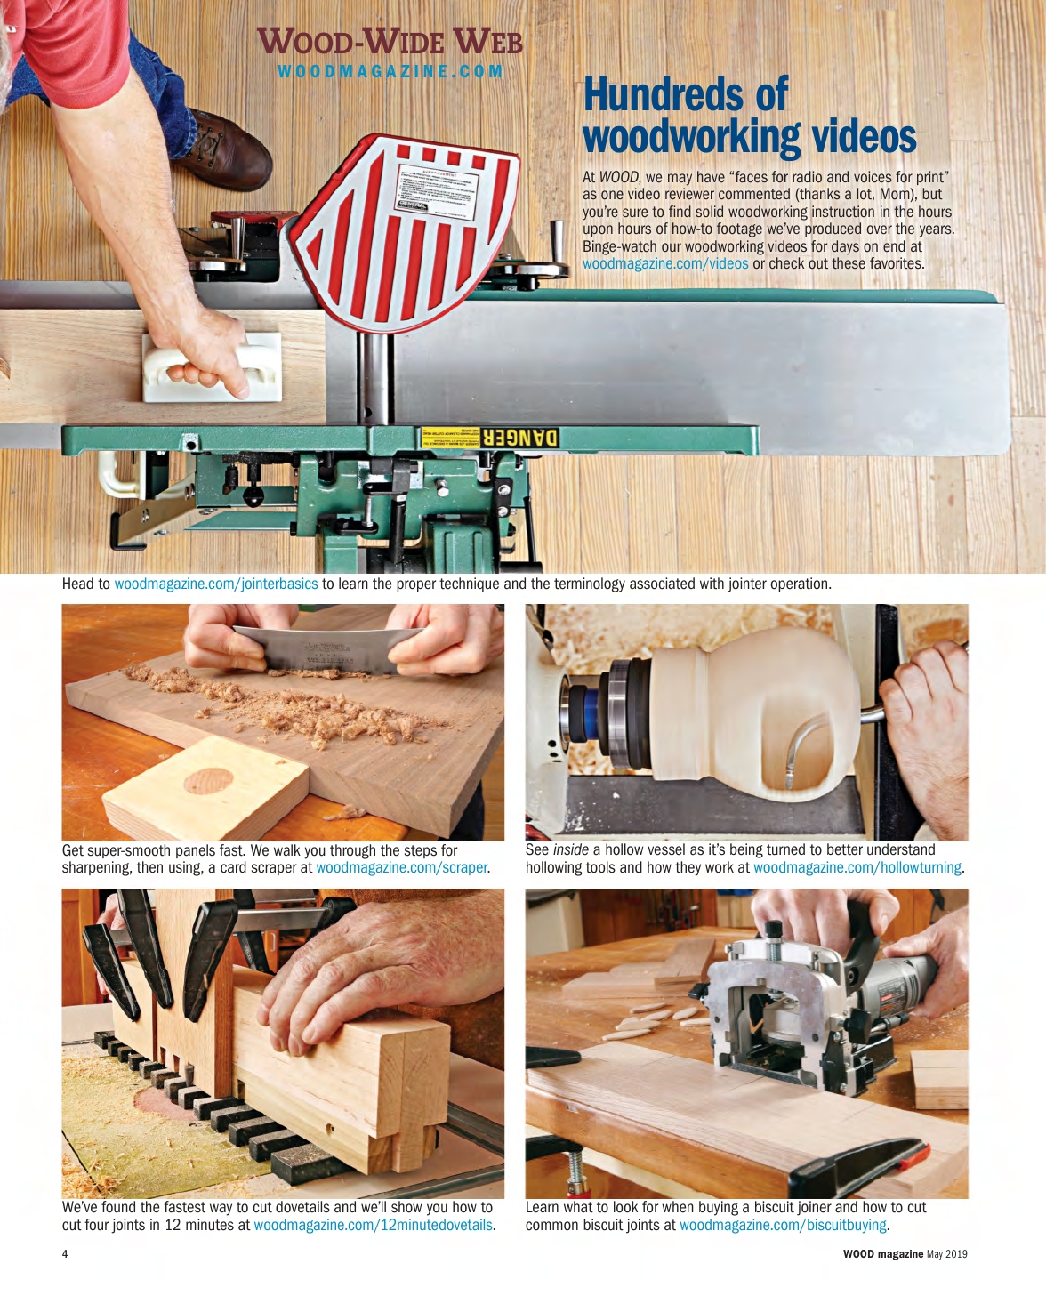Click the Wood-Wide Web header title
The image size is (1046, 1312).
pyautogui.click(x=390, y=43)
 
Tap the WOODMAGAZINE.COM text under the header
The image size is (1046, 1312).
pyautogui.click(x=390, y=71)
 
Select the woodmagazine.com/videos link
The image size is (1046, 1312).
pyautogui.click(x=665, y=264)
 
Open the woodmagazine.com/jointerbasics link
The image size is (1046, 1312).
pyautogui.click(x=215, y=584)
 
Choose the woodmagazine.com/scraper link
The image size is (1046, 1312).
pyautogui.click(x=401, y=868)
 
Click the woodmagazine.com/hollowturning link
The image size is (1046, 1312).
pyautogui.click(x=857, y=868)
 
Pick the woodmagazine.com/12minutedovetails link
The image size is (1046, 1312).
pyautogui.click(x=373, y=1226)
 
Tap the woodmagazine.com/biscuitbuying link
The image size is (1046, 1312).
pyautogui.click(x=783, y=1226)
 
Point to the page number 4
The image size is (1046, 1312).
pyautogui.click(x=65, y=1254)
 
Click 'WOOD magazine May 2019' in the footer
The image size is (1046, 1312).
pyautogui.click(x=905, y=1254)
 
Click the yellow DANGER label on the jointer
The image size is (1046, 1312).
pyautogui.click(x=488, y=438)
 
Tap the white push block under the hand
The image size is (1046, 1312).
pyautogui.click(x=212, y=366)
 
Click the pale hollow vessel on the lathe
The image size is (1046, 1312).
pyautogui.click(x=756, y=712)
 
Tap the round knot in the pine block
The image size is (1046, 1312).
pyautogui.click(x=208, y=780)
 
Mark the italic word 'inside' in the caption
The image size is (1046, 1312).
pyautogui.click(x=570, y=850)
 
